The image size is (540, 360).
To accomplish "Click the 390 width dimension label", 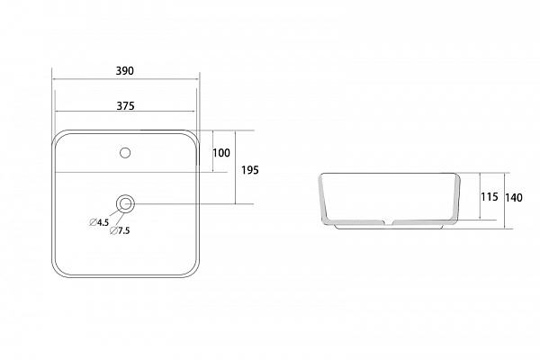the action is point(124,71).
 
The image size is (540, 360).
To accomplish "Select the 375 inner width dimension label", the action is point(125,106).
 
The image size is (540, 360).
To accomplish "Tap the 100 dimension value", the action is point(221,153).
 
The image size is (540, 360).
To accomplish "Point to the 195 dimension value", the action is point(249,170).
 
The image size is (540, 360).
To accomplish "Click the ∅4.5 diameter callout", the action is point(99,222).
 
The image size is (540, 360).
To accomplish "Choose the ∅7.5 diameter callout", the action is point(120,230).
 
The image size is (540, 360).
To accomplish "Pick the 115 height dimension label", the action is point(490,197).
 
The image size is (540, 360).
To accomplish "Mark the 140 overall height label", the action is point(514,198).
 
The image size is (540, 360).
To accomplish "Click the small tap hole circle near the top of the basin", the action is point(125,153).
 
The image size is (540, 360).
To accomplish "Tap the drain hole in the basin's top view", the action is point(125,204).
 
